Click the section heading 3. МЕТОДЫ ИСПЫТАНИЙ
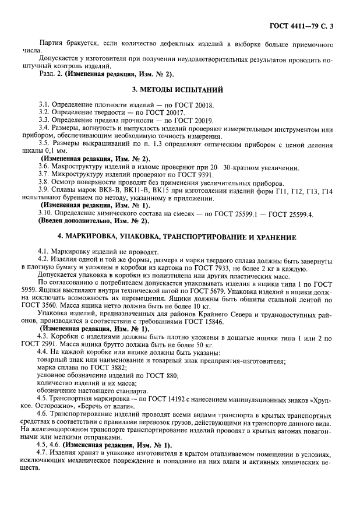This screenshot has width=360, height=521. click(x=180, y=90)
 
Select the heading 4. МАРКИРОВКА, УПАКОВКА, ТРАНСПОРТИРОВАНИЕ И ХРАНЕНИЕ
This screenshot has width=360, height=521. click(x=180, y=238)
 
